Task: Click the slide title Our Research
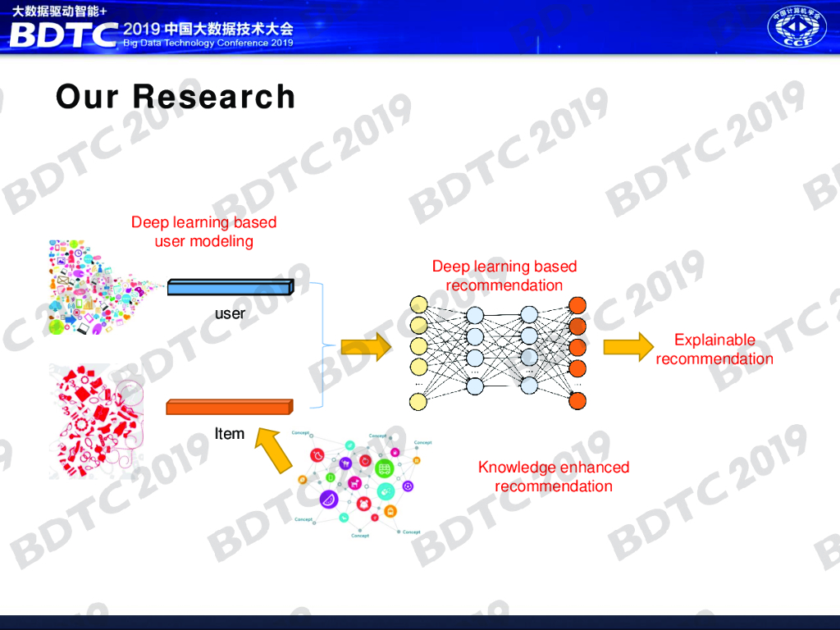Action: tap(175, 97)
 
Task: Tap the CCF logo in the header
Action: tap(796, 27)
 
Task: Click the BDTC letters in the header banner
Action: tap(62, 34)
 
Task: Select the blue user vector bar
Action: tap(230, 287)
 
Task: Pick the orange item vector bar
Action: tap(230, 407)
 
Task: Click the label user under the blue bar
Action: tap(230, 313)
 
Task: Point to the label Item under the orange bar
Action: tap(230, 433)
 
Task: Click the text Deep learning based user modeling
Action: tap(204, 231)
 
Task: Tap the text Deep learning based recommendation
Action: tap(504, 276)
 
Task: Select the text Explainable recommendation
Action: tap(714, 349)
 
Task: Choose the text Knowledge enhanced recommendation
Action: tap(554, 477)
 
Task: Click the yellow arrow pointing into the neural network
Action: tap(366, 347)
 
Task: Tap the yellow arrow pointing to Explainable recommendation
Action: tap(628, 347)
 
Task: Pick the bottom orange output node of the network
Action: tap(577, 400)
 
